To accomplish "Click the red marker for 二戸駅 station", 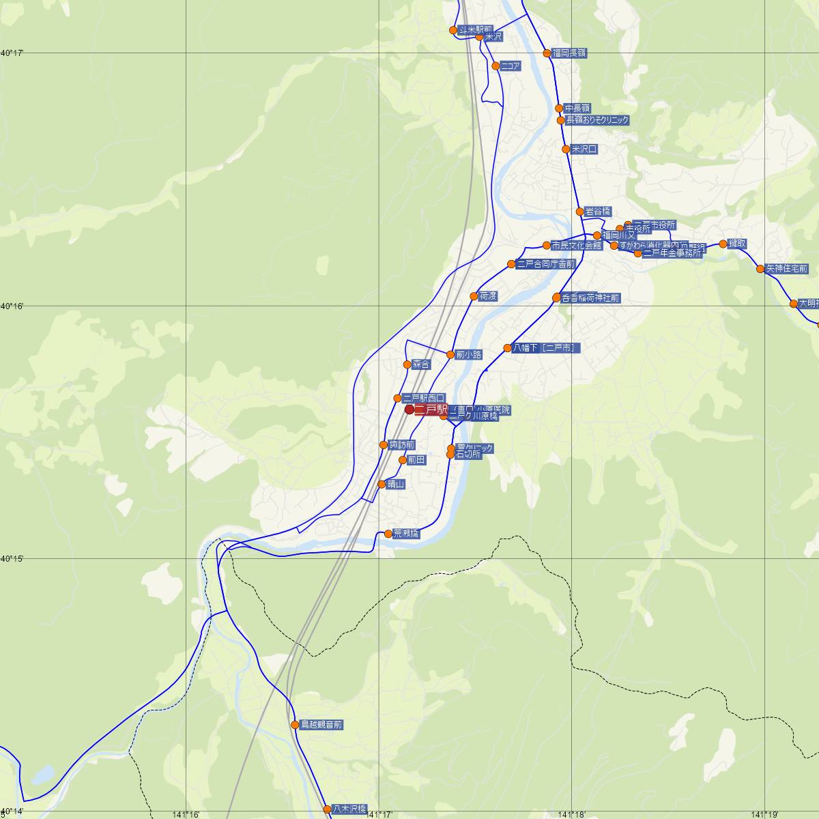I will (x=409, y=409).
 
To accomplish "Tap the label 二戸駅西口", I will (x=424, y=398).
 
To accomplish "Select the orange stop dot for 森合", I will (x=407, y=364).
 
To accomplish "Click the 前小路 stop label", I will (x=469, y=355).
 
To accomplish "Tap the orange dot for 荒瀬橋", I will (x=388, y=534).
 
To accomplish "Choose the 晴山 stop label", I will (x=396, y=485).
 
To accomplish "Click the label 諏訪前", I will (x=402, y=445).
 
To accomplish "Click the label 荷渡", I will (x=488, y=296).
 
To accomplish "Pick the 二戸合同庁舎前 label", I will (x=546, y=264).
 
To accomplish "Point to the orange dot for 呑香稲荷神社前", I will (x=556, y=298).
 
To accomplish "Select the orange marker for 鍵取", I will (x=723, y=244).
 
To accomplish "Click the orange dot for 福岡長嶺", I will (x=547, y=53).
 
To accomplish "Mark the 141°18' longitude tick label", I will (x=572, y=814).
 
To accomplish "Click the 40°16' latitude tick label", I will (x=12, y=306).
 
